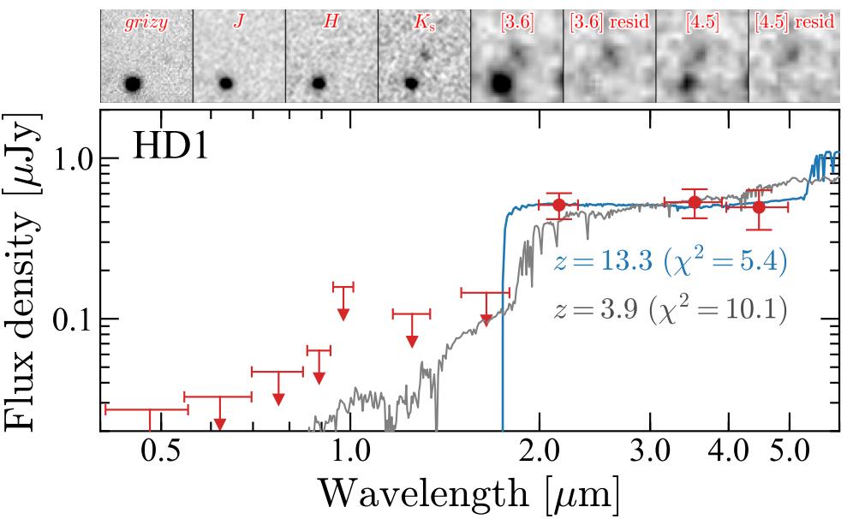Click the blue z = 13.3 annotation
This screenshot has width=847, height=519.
(x=670, y=261)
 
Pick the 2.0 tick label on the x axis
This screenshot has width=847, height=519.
(x=539, y=451)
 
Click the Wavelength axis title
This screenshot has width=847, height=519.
(x=468, y=495)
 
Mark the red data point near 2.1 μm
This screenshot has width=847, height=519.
(x=558, y=205)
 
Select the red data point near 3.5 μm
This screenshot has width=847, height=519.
(x=695, y=202)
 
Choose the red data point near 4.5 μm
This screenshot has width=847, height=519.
(x=758, y=206)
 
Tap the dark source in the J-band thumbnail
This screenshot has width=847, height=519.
(x=226, y=83)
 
